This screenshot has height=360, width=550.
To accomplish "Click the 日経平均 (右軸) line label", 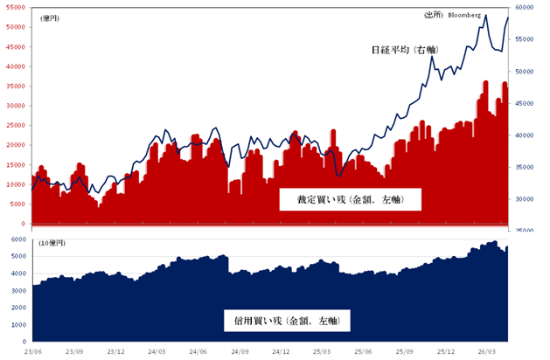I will [x=405, y=51].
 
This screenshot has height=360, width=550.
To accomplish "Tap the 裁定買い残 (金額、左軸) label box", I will [x=350, y=200].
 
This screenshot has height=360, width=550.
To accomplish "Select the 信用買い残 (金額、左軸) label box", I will [x=287, y=322].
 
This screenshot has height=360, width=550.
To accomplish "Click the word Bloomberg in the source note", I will [x=464, y=15].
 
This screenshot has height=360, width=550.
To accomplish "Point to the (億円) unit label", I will [x=51, y=17].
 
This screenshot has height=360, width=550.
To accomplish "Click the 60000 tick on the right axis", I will [x=526, y=7].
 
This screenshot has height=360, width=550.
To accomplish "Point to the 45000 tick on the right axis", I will [x=526, y=103].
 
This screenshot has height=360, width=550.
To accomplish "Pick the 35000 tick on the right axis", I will [x=526, y=167].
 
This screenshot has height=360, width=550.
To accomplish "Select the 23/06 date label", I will [x=33, y=352].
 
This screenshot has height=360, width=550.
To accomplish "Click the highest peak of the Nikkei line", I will [x=486, y=14].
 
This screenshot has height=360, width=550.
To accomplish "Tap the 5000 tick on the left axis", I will [x=16, y=204].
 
